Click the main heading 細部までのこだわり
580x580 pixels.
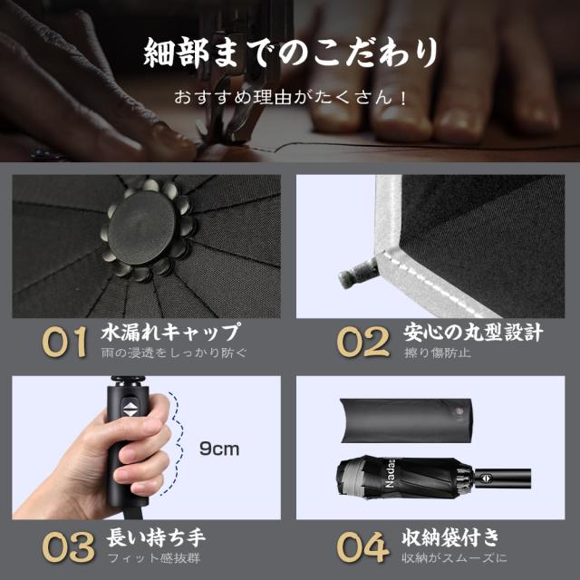click(290, 53)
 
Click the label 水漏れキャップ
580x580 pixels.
click(171, 331)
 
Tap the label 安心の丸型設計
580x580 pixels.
click(473, 331)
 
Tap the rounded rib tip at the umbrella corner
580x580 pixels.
click(354, 272)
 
